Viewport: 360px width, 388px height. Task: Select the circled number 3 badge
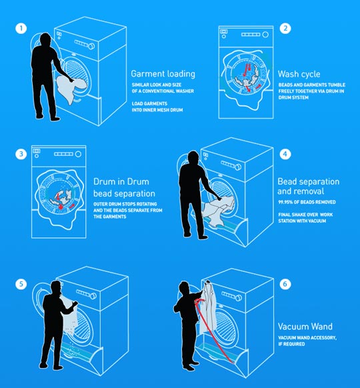23,155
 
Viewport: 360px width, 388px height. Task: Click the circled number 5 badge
23,283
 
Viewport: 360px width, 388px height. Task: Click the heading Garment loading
163,74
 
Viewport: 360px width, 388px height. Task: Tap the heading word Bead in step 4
288,181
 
